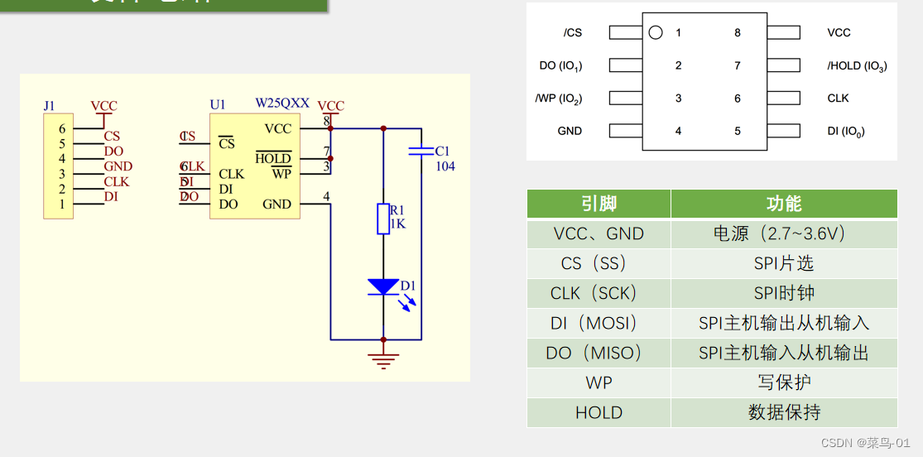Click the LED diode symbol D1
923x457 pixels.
(x=383, y=287)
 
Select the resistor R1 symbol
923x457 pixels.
(x=383, y=219)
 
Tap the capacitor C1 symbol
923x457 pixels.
(x=421, y=152)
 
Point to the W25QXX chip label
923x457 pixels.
(x=282, y=103)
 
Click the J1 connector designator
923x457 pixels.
(x=50, y=106)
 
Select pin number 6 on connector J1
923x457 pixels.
(x=61, y=129)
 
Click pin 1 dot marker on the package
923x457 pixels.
(x=656, y=33)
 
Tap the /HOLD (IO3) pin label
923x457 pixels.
(x=857, y=65)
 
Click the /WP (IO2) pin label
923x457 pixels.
(x=559, y=99)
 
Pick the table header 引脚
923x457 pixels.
(x=599, y=204)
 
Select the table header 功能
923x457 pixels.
(x=783, y=204)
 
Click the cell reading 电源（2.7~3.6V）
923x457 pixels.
(x=783, y=234)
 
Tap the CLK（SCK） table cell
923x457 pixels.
(x=599, y=294)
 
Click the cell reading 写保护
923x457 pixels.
(x=783, y=383)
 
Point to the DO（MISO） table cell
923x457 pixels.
(x=599, y=354)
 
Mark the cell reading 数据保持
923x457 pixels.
(x=783, y=413)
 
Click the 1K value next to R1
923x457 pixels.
(x=397, y=224)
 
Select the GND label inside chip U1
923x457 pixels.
(x=276, y=204)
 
